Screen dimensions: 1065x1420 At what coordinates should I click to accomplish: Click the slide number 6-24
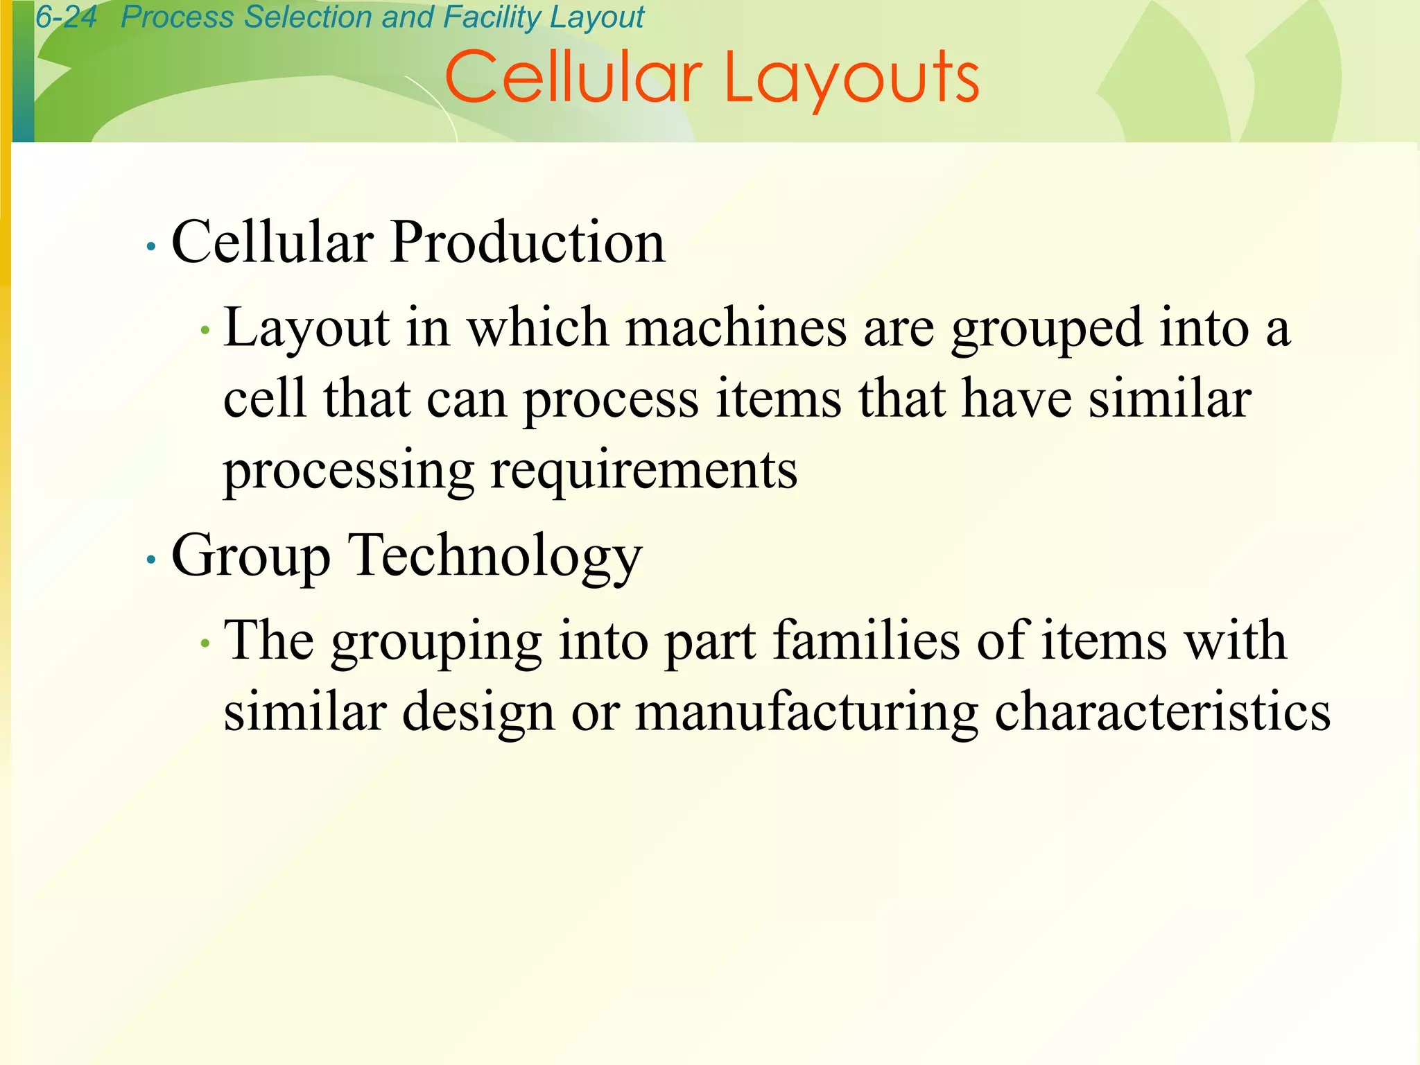(66, 17)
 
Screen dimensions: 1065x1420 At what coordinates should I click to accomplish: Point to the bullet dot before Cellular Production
(151, 246)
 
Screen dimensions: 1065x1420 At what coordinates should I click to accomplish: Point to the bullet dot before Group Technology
(151, 559)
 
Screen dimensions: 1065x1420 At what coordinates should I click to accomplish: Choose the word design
(478, 713)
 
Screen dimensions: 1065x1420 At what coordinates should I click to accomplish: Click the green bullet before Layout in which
(204, 331)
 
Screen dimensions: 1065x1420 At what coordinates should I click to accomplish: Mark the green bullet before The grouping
(204, 644)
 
